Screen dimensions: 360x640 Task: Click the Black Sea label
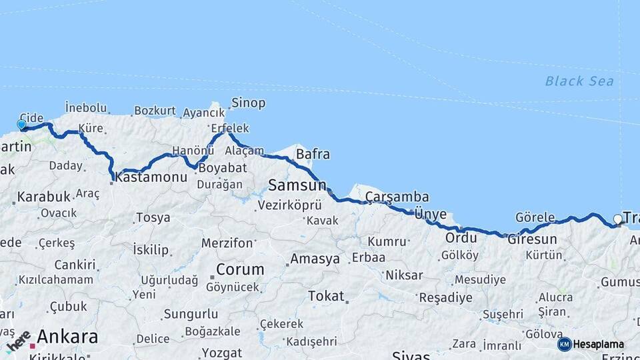579,81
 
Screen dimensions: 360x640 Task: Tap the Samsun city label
297,185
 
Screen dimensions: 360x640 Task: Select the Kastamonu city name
151,177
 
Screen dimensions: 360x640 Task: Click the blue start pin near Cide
21,125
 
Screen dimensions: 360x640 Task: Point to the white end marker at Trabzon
617,219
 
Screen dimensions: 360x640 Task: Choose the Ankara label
67,337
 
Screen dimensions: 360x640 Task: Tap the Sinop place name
248,103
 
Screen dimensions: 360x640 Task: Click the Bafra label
313,155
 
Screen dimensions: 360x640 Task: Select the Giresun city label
532,239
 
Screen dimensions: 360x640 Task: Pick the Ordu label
461,238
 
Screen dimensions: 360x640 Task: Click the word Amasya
315,259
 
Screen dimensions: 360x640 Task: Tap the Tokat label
326,296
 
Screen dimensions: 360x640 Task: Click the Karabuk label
44,197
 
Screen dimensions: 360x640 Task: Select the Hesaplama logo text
598,345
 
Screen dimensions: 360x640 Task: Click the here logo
19,341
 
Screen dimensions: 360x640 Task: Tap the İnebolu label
86,107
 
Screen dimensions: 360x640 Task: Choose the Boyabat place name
222,168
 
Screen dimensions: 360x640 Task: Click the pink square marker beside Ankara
31,346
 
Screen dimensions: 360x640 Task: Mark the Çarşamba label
397,197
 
